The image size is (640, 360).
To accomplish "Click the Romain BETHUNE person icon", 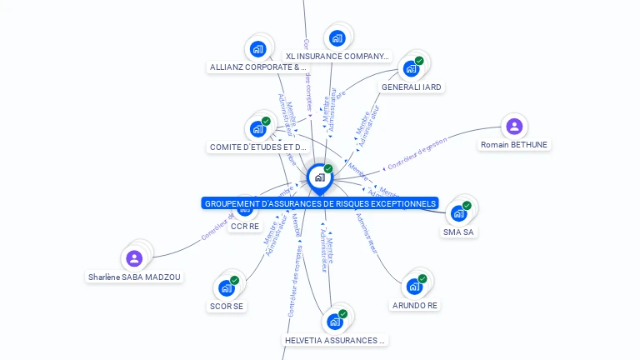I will pos(514,127).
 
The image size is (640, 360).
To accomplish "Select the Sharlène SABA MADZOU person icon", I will pos(135,258).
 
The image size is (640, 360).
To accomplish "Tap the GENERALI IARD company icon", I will pos(411,68).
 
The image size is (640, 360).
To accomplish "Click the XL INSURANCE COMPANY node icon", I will pos(337,37).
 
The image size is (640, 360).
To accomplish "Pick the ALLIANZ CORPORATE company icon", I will pos(257,48).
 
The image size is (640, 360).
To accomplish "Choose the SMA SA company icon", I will pos(458,213).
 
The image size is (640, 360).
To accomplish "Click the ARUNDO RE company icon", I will pos(414,287).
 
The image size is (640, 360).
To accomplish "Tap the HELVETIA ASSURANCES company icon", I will pos(335,322).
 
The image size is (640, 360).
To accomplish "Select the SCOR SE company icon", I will pos(227,287).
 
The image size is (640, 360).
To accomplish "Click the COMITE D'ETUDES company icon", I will pos(257,129).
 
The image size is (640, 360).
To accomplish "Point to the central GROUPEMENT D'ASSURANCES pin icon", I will pos(319,177).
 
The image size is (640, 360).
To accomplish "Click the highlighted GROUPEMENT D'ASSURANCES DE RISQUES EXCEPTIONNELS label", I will pos(320,203).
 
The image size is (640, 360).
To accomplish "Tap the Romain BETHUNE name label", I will pos(514,145).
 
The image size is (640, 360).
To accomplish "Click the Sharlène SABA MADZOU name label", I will pos(135,277).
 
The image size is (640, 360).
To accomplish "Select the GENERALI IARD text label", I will pos(411,87).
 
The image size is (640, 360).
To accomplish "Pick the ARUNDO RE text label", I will pos(414,305).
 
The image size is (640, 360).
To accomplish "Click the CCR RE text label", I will pos(244,226).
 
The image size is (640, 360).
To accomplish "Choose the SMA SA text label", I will pos(459,232).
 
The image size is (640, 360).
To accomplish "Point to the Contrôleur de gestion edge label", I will pos(417,154).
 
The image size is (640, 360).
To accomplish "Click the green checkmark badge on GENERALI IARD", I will pos(419,61).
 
